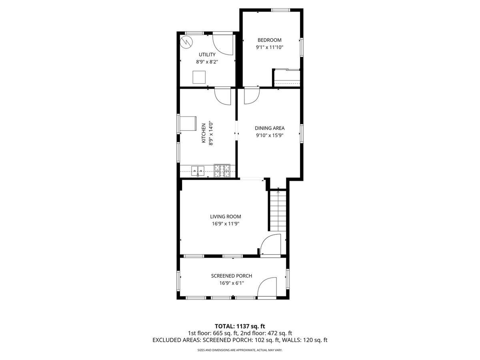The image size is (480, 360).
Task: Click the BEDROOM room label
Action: pyautogui.click(x=270, y=40)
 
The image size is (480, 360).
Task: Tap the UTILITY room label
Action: pyautogui.click(x=207, y=55)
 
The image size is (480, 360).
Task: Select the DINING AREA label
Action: pyautogui.click(x=270, y=128)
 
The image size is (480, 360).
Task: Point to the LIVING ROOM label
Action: pyautogui.click(x=226, y=217)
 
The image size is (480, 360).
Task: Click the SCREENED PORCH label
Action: pyautogui.click(x=232, y=276)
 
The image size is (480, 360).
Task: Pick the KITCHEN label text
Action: pyautogui.click(x=204, y=133)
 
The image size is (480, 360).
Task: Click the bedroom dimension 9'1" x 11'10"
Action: pyautogui.click(x=270, y=47)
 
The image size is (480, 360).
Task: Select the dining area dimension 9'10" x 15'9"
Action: pyautogui.click(x=270, y=135)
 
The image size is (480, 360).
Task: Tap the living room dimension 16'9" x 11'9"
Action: pyautogui.click(x=226, y=224)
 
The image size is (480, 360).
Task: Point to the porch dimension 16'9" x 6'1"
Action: pyautogui.click(x=232, y=283)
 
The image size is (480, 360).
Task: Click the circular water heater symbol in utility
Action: pyautogui.click(x=186, y=42)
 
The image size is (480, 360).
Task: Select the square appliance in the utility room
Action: pyautogui.click(x=199, y=77)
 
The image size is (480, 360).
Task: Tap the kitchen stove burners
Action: pyautogui.click(x=222, y=171)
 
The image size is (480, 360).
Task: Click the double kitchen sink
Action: pyautogui.click(x=198, y=171)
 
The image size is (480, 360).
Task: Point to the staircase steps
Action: pyautogui.click(x=278, y=211)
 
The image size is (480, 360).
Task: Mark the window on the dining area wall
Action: pyautogui.click(x=302, y=134)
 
